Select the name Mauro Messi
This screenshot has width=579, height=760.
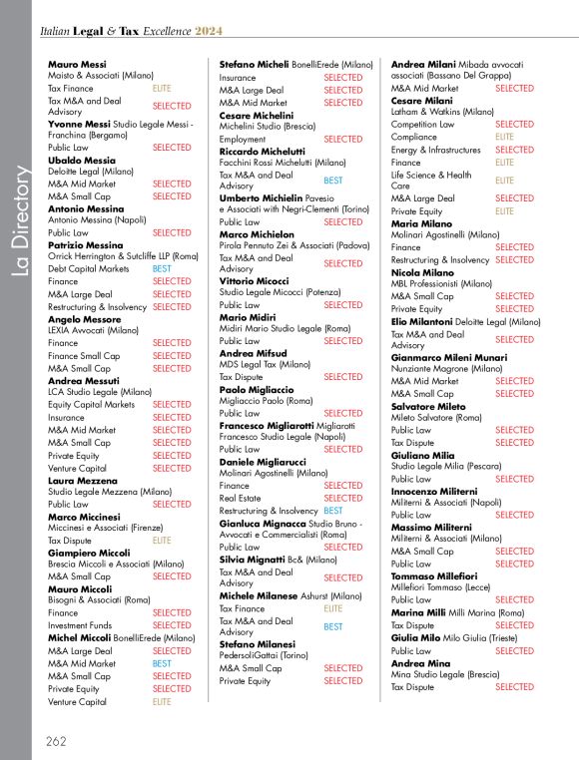77,64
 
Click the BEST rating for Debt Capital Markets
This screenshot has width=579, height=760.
162,269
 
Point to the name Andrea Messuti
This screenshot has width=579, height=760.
85,381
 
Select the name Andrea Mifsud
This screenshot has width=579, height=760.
254,353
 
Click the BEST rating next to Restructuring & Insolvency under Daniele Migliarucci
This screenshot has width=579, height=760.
333,511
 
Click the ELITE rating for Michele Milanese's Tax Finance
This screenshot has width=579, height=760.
333,608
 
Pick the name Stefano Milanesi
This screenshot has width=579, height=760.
259,644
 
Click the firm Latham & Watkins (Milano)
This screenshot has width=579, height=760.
442,112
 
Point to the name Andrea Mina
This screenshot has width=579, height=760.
420,663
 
